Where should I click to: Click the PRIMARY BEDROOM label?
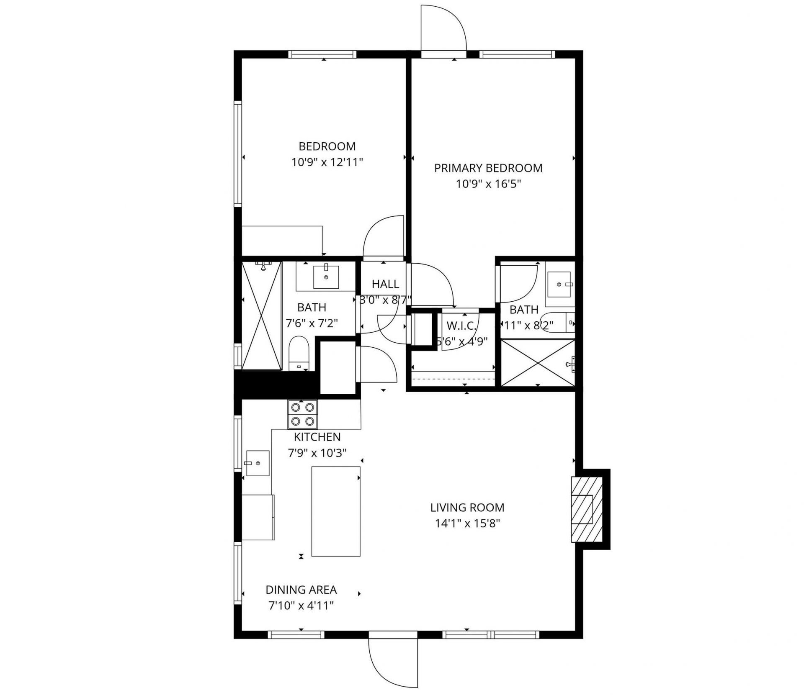point(488,168)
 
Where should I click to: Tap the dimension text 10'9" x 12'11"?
point(327,162)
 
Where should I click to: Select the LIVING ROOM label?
point(467,508)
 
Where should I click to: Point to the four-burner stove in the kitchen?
point(302,414)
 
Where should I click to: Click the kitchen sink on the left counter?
point(257,463)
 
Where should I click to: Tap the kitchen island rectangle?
point(336,511)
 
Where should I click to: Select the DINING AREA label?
point(301,590)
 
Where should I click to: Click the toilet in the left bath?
point(299,353)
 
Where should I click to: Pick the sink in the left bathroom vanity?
point(326,277)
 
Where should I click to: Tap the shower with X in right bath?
point(538,362)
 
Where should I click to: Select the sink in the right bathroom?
point(559,284)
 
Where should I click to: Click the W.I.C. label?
point(461,326)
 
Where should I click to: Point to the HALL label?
point(385,284)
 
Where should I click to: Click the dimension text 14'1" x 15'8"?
point(467,523)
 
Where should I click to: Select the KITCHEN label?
point(317,437)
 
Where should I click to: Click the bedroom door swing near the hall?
point(383,236)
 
